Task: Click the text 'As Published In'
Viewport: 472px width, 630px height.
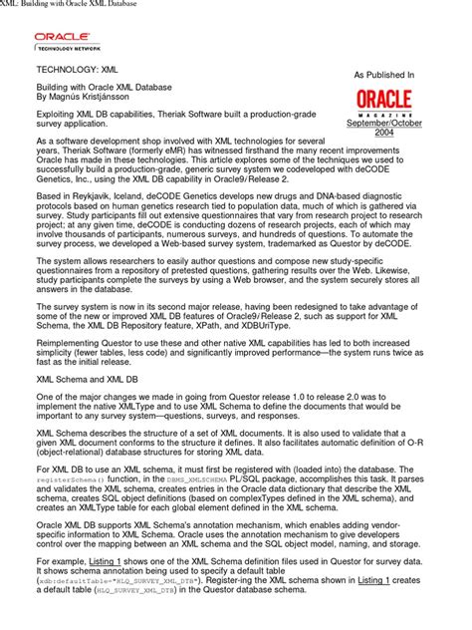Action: [384, 75]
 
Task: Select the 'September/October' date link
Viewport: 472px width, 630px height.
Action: [383, 122]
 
